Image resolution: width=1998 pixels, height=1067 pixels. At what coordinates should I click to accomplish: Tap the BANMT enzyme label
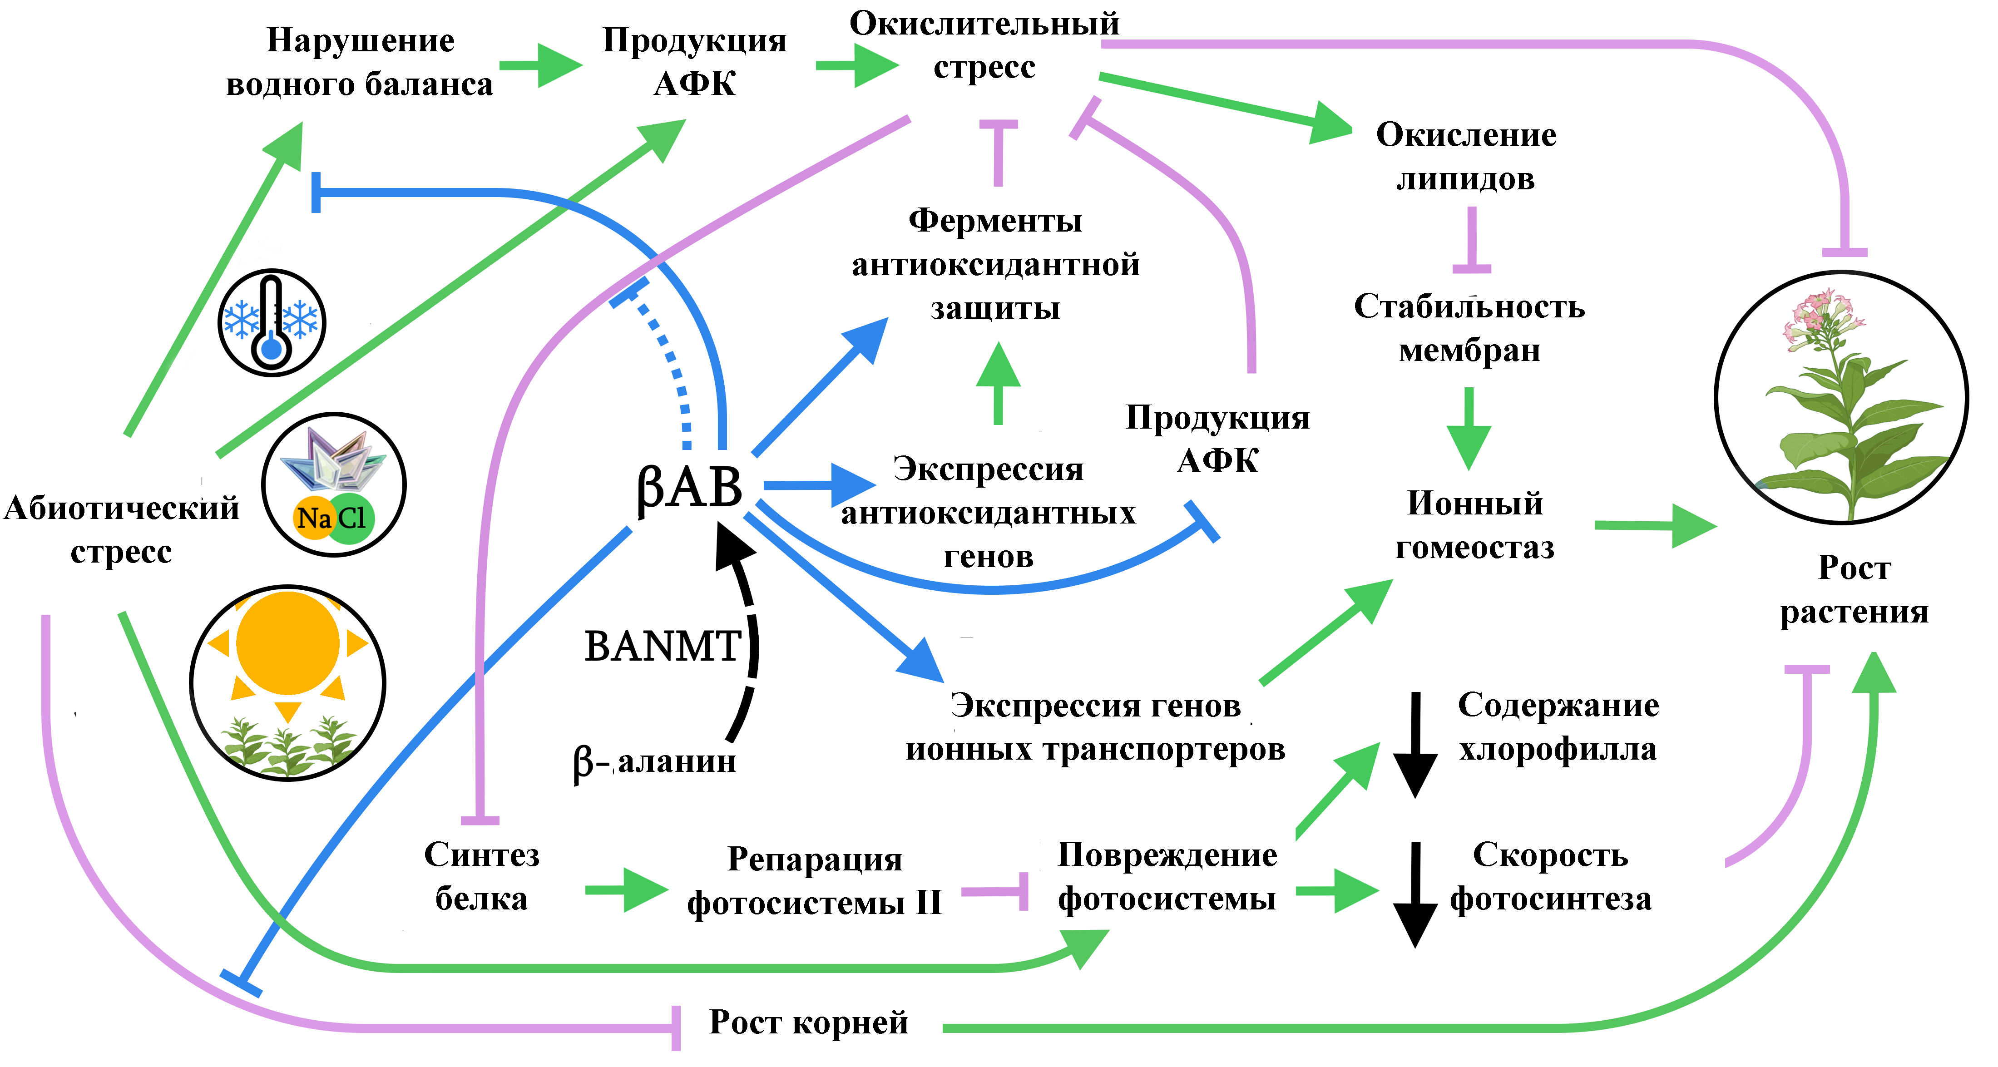(662, 646)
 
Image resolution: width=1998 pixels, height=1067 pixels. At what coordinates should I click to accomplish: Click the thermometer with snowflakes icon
(272, 322)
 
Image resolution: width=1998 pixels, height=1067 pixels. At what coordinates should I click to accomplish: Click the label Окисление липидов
(1465, 157)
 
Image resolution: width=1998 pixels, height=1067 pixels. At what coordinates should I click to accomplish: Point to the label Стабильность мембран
(1469, 328)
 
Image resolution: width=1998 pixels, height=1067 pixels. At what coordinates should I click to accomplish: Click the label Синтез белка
(482, 876)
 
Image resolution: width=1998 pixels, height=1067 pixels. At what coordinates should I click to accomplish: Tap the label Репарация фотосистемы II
(814, 881)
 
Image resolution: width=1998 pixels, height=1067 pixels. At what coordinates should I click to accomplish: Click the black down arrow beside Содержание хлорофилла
(1415, 745)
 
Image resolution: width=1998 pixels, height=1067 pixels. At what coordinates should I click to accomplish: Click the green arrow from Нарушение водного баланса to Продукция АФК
(541, 65)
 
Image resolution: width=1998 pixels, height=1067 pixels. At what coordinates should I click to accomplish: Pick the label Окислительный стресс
(984, 45)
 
